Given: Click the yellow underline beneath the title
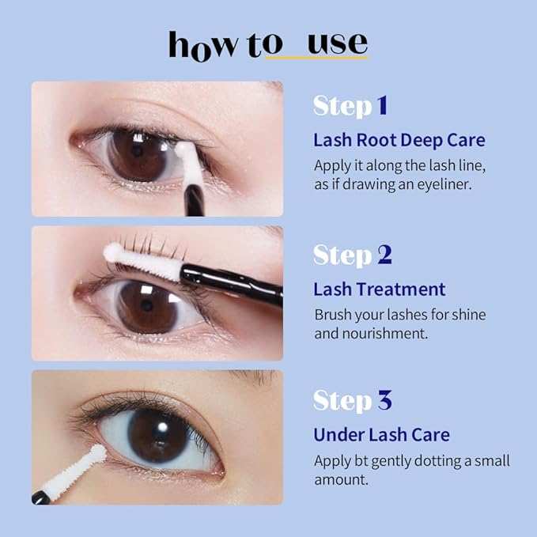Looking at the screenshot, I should (316, 58).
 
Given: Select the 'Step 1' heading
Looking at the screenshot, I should (350, 105).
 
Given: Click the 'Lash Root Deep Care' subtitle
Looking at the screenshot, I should (399, 141).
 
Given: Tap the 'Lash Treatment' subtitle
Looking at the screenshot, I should (379, 289).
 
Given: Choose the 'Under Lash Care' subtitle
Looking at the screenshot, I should (381, 434).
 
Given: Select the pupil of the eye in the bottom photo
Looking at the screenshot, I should (157, 436).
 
